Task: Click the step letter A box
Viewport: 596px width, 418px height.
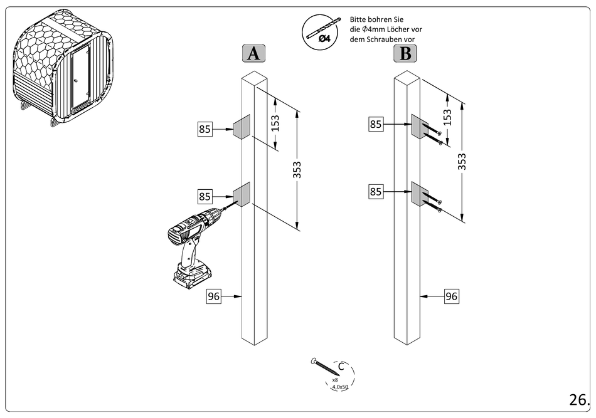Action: (253, 54)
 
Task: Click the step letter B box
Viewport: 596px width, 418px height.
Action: (405, 54)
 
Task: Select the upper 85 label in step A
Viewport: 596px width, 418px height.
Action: (205, 130)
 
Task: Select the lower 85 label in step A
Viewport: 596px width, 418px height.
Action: (205, 196)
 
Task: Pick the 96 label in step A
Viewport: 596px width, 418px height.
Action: (214, 296)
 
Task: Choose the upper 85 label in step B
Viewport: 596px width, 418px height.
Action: (376, 124)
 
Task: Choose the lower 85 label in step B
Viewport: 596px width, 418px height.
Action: (376, 192)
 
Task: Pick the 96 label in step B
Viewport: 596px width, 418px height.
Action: (451, 296)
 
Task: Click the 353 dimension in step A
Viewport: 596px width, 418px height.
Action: (297, 170)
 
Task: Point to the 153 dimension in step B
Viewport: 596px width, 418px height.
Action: (447, 117)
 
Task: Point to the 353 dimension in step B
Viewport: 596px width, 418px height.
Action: (462, 161)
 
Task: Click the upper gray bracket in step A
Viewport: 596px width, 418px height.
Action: (242, 127)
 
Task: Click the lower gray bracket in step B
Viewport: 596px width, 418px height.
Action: (418, 194)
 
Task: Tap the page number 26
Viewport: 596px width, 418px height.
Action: (579, 399)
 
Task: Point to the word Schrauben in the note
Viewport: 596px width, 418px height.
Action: (385, 39)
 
